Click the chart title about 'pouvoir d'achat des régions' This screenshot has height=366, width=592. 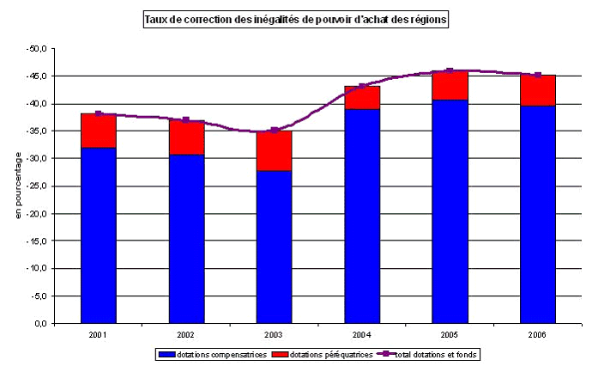(296, 19)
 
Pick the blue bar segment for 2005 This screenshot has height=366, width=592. (450, 211)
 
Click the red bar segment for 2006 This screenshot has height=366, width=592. (538, 90)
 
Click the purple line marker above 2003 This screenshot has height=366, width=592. (274, 131)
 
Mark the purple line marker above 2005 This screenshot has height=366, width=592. (450, 70)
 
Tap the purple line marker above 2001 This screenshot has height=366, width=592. (99, 113)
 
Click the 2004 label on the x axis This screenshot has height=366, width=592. (362, 334)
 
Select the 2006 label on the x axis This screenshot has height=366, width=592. (538, 334)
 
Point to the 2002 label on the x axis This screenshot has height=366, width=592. (186, 334)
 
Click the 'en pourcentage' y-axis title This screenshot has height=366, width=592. (19, 186)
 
